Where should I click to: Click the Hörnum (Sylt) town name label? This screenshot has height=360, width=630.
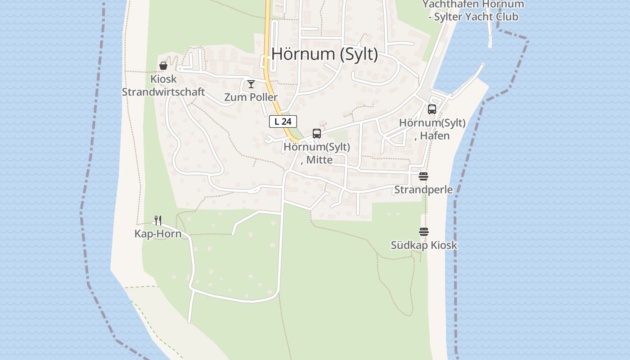click(324, 54)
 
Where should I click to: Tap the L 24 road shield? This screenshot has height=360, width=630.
click(283, 121)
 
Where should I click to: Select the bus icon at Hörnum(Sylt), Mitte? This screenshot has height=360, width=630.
click(317, 134)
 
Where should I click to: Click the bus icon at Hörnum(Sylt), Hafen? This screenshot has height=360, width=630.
click(432, 109)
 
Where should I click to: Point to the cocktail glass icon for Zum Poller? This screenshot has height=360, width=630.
click(251, 84)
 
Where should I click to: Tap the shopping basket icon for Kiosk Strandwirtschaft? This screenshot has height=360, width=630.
click(163, 66)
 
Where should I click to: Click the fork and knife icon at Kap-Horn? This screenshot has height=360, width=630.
click(158, 220)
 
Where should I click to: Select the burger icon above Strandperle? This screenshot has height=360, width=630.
click(423, 176)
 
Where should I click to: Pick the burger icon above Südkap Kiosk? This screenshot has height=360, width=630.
click(424, 232)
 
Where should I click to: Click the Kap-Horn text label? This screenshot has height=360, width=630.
click(158, 234)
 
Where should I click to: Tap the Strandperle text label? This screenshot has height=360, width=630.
click(423, 189)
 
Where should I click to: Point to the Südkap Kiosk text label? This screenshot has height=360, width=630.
click(424, 245)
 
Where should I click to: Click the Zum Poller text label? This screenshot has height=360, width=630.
click(251, 97)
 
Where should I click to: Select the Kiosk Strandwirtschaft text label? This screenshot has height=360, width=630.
click(163, 85)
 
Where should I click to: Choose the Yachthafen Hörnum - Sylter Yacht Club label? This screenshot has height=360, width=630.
click(473, 10)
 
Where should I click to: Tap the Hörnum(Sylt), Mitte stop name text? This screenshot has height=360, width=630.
click(317, 153)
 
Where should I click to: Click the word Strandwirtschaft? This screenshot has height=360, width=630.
click(163, 92)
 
